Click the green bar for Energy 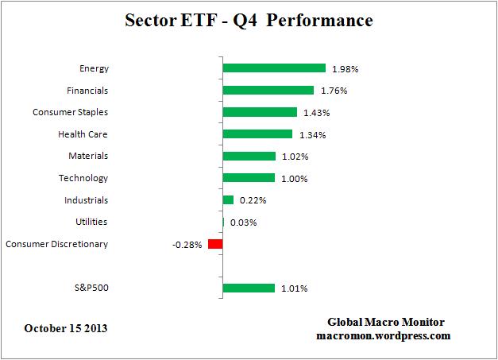(x=274, y=68)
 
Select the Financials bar (x=268, y=91)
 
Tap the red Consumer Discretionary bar (x=215, y=244)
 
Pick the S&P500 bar (x=249, y=288)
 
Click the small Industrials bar (x=229, y=200)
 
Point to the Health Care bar (x=257, y=134)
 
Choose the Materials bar (x=249, y=157)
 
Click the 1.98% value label (x=346, y=69)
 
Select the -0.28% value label (x=187, y=245)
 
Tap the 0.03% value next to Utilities (x=243, y=223)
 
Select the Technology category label (x=83, y=178)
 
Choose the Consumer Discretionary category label (x=56, y=244)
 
